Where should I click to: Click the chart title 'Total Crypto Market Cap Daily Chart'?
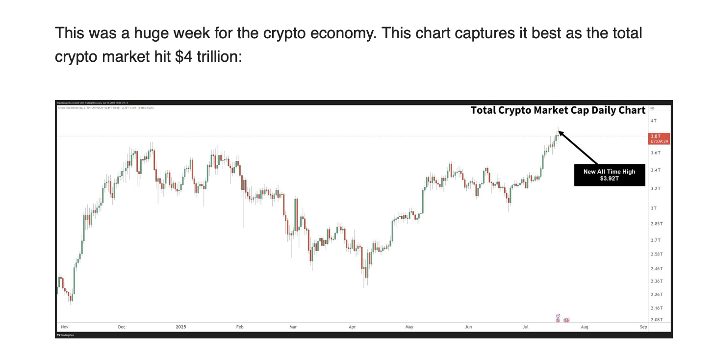point(558,110)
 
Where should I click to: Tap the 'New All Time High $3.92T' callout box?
point(609,175)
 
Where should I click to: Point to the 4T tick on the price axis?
point(653,121)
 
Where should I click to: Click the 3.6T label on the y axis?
point(655,153)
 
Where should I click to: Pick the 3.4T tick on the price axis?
point(655,170)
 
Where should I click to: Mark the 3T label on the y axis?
point(653,208)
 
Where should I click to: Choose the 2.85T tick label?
point(657,224)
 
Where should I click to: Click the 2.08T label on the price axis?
point(657,320)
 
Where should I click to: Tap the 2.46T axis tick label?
point(657,269)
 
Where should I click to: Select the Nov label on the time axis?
point(64,327)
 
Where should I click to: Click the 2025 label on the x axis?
point(181,327)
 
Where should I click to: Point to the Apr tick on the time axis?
point(352,327)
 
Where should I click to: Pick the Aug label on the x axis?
point(584,327)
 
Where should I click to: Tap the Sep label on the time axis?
point(643,327)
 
